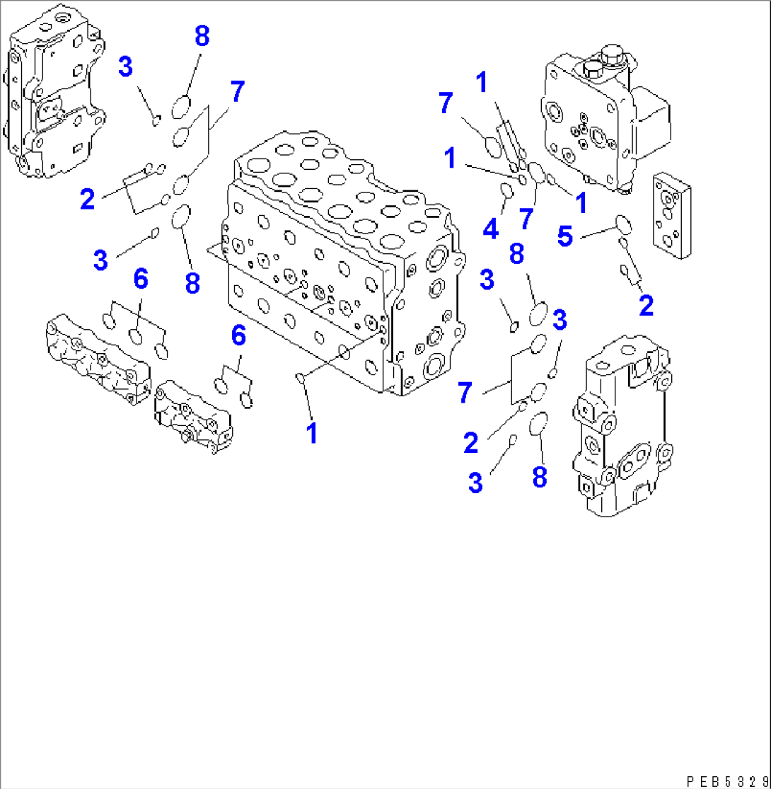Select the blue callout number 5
(565, 236)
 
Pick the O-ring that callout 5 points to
(622, 224)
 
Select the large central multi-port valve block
(340, 262)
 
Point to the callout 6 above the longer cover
(141, 280)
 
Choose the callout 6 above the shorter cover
(238, 335)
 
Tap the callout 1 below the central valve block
(311, 432)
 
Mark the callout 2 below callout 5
(645, 306)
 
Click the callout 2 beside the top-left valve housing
(87, 200)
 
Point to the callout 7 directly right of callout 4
(525, 219)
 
